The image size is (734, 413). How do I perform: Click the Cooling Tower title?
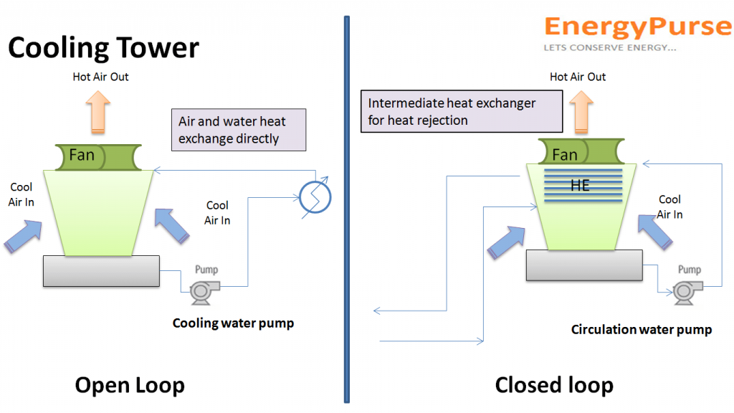click(x=103, y=48)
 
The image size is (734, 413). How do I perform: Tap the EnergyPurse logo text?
click(x=637, y=27)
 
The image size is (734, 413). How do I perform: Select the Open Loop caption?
click(x=130, y=385)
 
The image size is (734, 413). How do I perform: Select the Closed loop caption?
click(x=554, y=385)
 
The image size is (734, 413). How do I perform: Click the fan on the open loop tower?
click(x=98, y=156)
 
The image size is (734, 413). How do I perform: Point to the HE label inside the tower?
click(x=579, y=186)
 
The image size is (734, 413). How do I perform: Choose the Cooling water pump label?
click(x=233, y=323)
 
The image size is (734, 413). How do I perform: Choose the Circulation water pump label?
click(x=641, y=329)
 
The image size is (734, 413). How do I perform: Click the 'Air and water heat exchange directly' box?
click(x=239, y=130)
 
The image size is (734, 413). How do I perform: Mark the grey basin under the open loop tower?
click(x=100, y=270)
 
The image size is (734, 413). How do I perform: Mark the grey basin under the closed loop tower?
click(x=583, y=265)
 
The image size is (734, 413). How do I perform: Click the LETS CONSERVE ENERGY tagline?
click(x=610, y=48)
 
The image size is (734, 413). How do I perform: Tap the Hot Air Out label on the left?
click(x=100, y=76)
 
